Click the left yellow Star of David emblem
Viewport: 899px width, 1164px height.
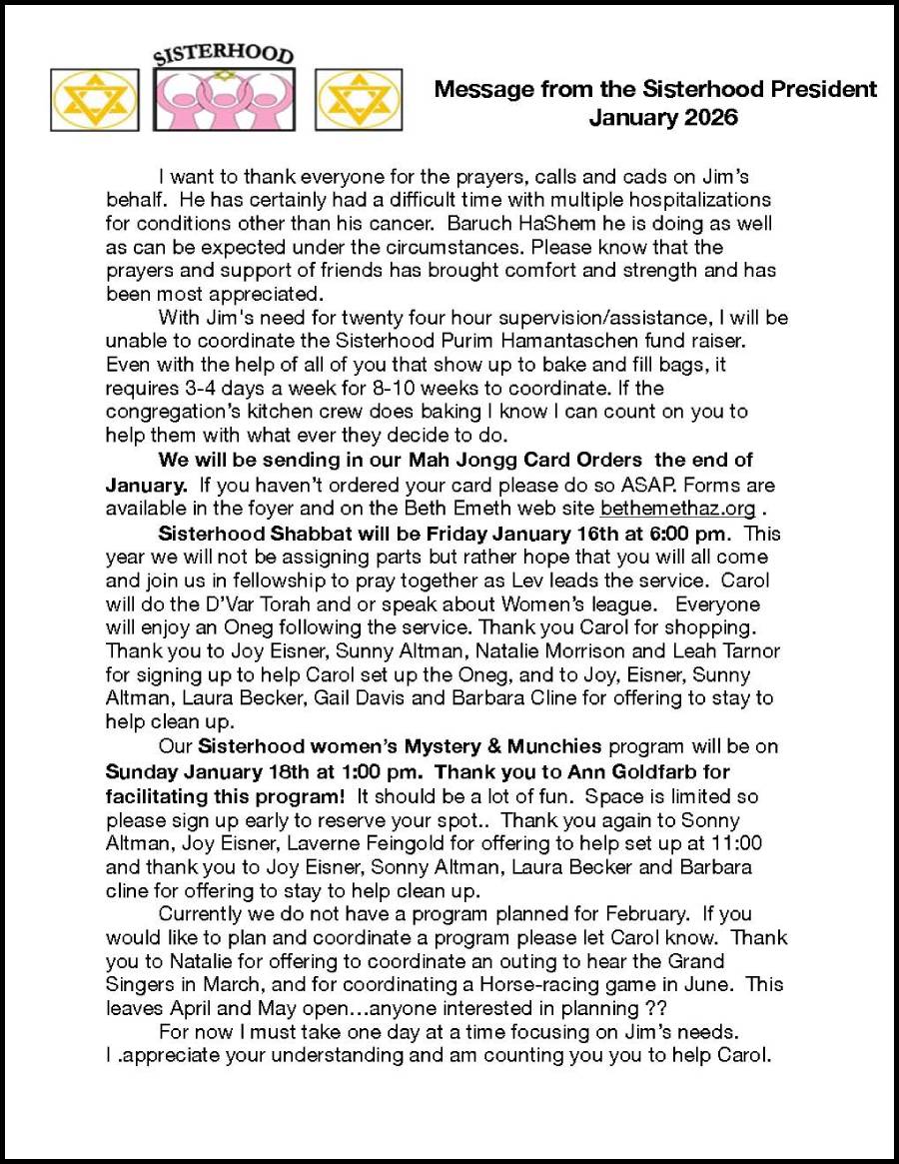pyautogui.click(x=95, y=100)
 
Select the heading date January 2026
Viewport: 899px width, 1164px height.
pyautogui.click(x=663, y=118)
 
